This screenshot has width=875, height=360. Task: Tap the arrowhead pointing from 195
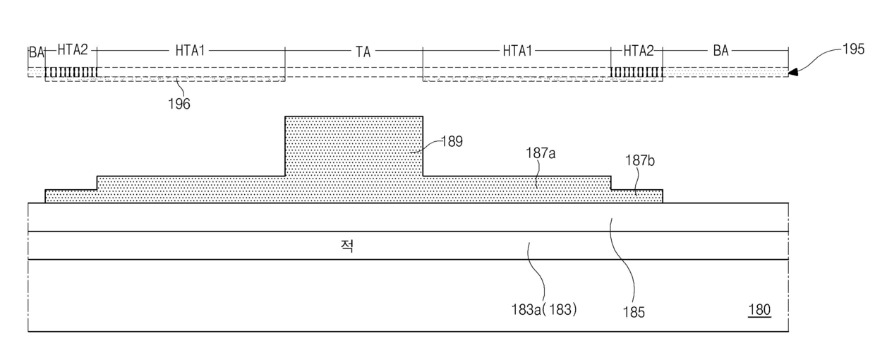coord(792,71)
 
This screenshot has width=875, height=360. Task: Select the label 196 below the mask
coord(179,104)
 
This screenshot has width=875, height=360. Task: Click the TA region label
coord(363,51)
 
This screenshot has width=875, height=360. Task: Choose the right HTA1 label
coord(517,51)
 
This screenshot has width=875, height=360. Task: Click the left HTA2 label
coord(73,51)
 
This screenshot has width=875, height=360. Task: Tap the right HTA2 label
coord(638,51)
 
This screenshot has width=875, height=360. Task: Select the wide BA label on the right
coord(720,51)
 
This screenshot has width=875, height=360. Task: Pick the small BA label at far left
coord(36,52)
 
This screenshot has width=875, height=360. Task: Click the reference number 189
coord(452,141)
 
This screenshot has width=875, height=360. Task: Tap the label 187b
coord(640,162)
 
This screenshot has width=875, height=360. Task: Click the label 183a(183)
coord(544,309)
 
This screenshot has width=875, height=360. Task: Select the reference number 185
coord(634,311)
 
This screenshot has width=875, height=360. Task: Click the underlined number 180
coord(759,309)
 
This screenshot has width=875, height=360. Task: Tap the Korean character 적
coord(347,246)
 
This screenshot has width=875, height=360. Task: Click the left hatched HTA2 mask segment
coord(71,72)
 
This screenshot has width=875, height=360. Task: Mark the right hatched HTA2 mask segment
coord(636,72)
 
